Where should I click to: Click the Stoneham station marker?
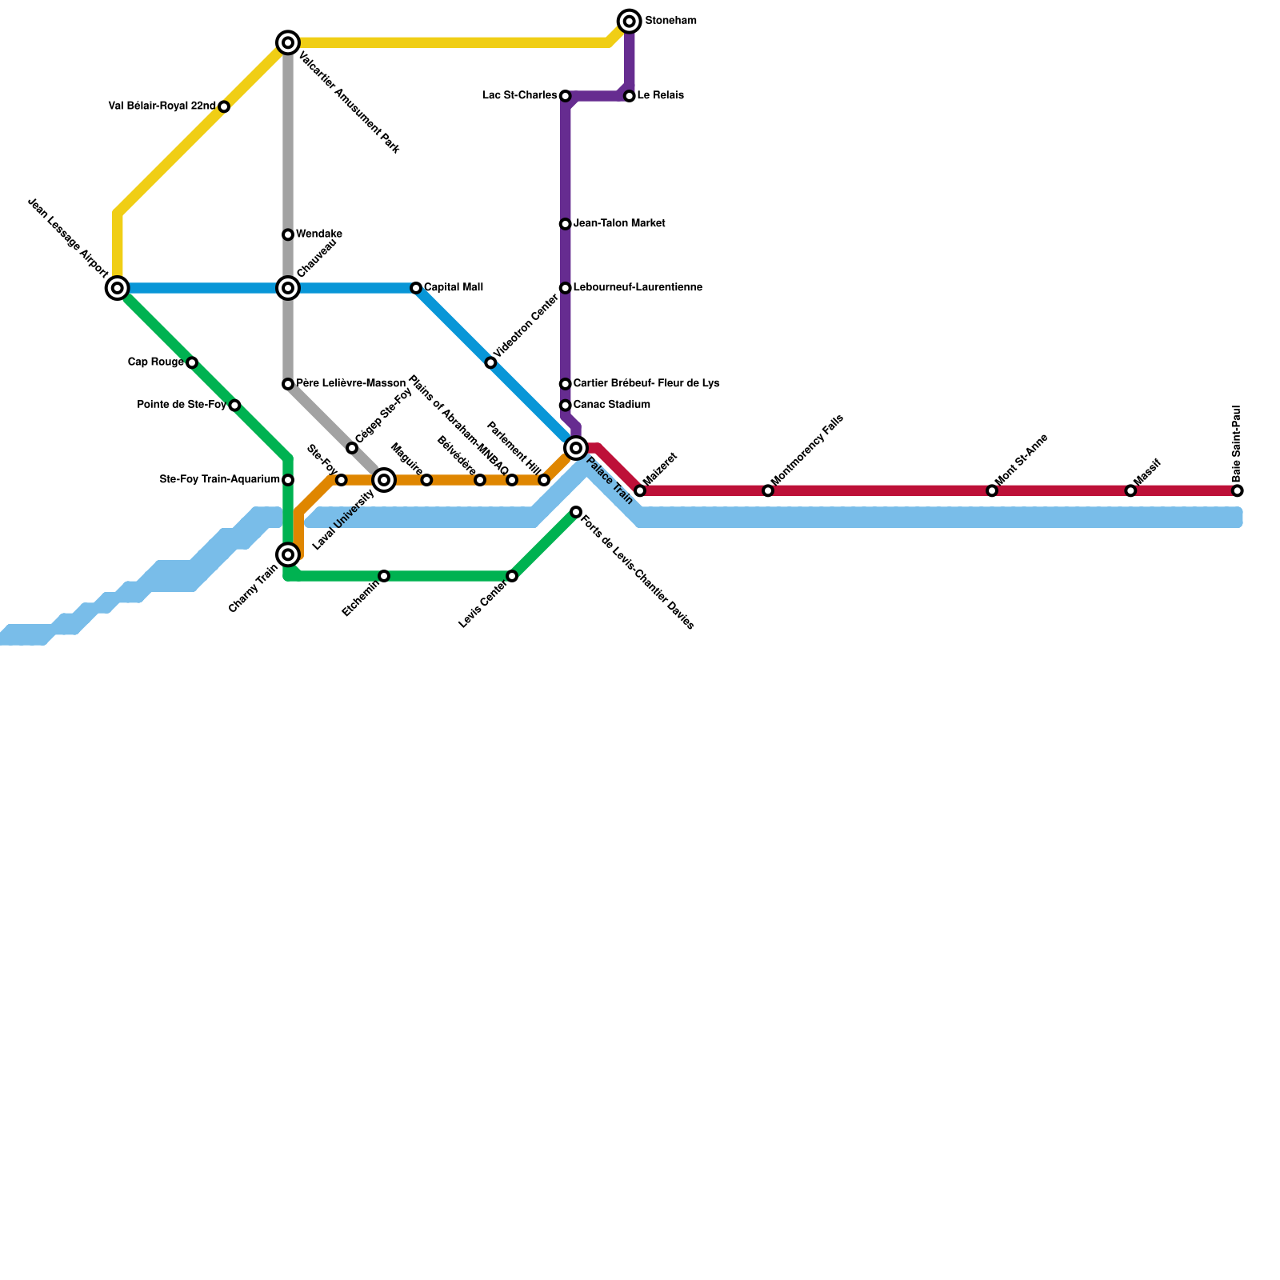630,21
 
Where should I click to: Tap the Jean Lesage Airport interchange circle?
118,288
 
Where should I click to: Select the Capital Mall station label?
453,287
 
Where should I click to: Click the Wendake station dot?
288,234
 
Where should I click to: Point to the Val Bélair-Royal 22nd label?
162,106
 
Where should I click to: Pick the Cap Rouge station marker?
192,362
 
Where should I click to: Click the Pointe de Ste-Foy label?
182,405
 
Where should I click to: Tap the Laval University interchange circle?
384,480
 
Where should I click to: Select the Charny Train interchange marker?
288,554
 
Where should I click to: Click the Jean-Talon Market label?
618,223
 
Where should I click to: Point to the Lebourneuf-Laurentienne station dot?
565,288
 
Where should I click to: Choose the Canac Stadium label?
611,405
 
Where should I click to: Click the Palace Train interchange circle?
576,448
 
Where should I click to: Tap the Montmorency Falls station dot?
768,490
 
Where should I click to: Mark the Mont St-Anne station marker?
992,490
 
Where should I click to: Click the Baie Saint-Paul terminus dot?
1238,490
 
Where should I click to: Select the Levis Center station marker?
512,576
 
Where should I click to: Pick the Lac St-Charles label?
519,96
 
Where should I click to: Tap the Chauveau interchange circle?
288,288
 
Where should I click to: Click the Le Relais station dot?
630,96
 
